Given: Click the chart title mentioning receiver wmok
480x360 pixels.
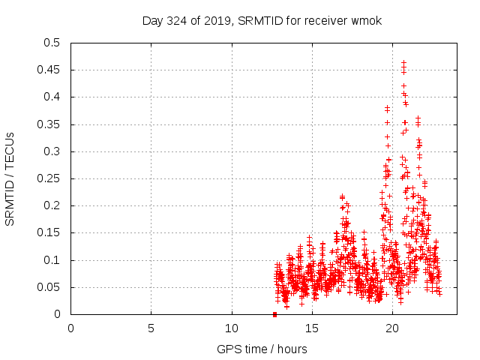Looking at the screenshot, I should (x=262, y=20).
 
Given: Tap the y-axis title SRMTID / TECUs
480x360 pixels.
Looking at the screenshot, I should (x=10, y=178).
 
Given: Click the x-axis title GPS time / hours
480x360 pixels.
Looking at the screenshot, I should (x=262, y=349).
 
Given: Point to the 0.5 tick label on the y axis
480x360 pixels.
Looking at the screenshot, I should (x=52, y=43).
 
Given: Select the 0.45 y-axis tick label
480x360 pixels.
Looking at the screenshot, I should (x=49, y=70).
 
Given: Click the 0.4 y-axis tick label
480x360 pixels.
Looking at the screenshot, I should (x=52, y=97).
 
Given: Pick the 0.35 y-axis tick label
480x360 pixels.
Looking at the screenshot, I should (x=49, y=124).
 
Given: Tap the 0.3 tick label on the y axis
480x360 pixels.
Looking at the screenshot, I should (x=52, y=151).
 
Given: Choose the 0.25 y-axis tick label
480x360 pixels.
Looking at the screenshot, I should (x=49, y=178).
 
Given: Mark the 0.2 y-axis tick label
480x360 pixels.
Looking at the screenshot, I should (x=52, y=205).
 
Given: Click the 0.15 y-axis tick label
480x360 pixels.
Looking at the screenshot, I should (x=49, y=233).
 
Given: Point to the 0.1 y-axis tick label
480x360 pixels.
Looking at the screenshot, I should (x=52, y=260).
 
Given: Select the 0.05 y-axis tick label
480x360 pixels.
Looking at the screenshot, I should (x=49, y=287).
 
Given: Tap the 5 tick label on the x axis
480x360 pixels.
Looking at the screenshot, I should (x=151, y=328).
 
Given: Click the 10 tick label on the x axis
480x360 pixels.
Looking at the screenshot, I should (x=232, y=328).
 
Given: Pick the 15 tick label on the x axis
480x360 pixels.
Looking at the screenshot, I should (x=312, y=328).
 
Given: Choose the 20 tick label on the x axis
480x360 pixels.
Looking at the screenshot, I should (x=392, y=328).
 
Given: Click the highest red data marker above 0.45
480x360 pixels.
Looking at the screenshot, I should (x=403, y=62).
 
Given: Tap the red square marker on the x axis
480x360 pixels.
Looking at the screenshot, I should (x=274, y=314).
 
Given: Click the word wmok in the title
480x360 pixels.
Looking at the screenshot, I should (x=367, y=20).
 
